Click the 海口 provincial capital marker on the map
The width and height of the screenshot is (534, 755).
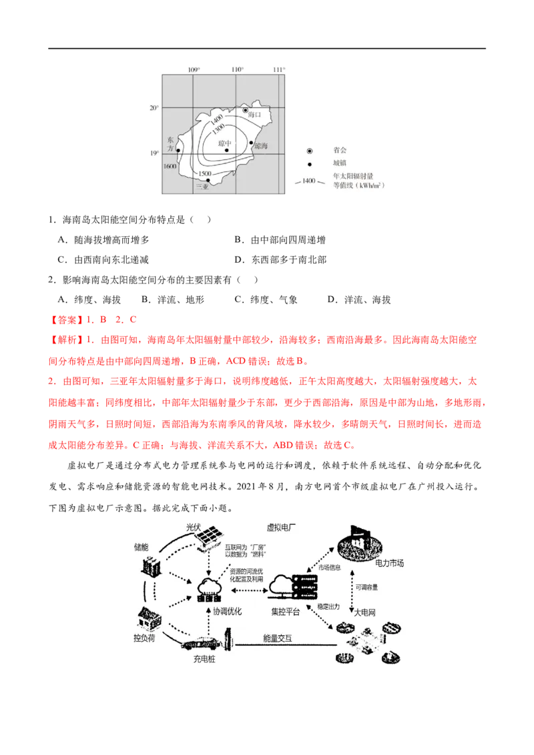tap(245, 109)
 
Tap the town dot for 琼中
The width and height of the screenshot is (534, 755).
tap(227, 150)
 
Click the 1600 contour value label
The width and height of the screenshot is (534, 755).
tap(170, 166)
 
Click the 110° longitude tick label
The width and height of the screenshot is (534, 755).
tap(237, 70)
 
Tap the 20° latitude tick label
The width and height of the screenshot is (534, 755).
tap(154, 108)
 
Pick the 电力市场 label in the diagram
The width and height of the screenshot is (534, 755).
tap(389, 564)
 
